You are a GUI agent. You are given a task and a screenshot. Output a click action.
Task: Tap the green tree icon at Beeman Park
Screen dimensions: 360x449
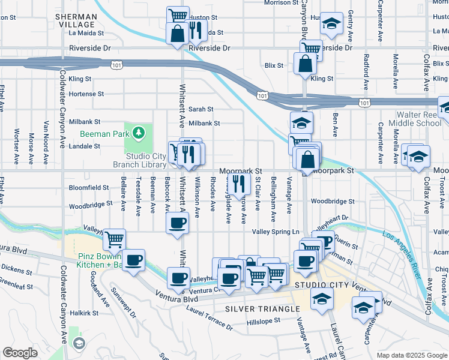coord(139,131)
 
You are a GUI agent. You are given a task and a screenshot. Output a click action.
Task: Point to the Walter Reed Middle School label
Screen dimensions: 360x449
coord(415,119)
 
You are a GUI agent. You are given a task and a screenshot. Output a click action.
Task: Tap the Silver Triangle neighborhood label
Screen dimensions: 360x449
coord(262,308)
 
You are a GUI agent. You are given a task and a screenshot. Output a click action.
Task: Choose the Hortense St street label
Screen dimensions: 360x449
coord(86,94)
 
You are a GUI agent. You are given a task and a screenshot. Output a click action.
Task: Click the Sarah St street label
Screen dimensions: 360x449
coord(201,109)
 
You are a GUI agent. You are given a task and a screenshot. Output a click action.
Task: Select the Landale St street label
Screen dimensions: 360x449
coord(83,146)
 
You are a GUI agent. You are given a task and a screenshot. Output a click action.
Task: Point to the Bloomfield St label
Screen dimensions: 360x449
coord(89,187)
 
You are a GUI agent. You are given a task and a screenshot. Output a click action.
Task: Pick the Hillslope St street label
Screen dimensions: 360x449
coord(264,320)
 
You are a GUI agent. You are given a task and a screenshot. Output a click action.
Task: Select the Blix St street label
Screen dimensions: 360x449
coord(273,65)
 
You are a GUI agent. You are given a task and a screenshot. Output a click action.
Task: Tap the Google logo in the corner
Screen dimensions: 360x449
coord(20,353)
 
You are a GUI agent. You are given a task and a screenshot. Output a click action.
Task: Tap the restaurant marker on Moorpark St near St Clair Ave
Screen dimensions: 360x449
coord(239,183)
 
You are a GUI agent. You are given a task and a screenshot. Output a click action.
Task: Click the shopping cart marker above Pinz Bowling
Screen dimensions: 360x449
coord(113,240)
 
